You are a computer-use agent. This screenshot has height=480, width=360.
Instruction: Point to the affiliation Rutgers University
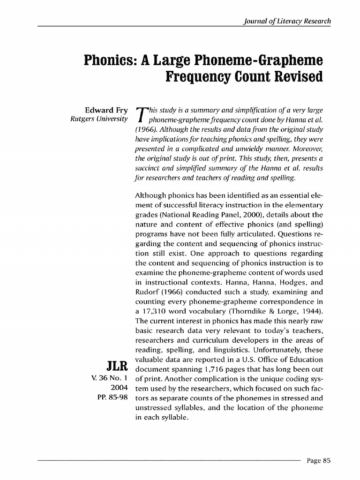(x=98, y=119)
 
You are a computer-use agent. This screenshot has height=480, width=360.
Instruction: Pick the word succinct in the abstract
(x=149, y=168)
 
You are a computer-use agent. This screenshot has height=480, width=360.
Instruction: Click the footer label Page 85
(x=319, y=460)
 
